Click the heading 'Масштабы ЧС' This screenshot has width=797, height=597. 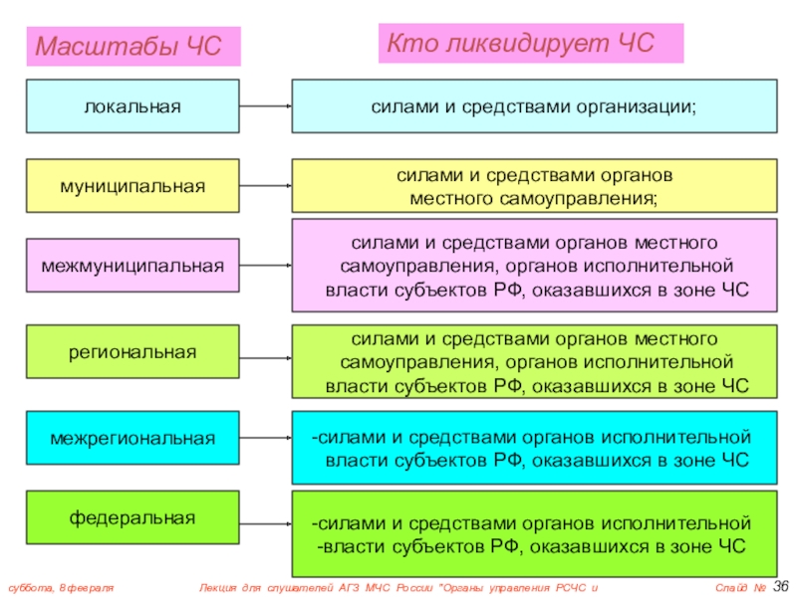point(128,47)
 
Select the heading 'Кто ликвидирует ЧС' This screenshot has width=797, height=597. point(521,43)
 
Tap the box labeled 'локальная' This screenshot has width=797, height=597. point(133,105)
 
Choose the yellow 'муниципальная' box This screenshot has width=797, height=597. point(133,185)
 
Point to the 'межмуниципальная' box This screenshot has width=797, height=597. point(133,266)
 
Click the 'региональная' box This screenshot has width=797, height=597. point(133,351)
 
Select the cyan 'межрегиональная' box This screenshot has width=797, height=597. point(133,438)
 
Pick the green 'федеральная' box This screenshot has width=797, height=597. point(133,517)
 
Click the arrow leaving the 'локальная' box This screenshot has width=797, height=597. point(265,105)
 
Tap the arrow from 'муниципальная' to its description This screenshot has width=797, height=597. point(265,185)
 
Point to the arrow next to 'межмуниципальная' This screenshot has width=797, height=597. point(265,266)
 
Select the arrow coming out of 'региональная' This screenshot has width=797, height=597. point(265,352)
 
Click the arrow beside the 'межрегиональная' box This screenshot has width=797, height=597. point(265,438)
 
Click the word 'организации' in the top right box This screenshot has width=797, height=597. point(636,106)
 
